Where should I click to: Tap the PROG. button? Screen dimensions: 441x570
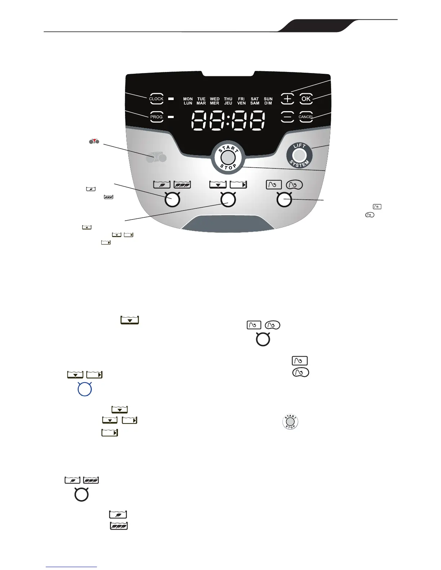tap(157, 117)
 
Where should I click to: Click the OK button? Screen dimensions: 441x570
tap(306, 99)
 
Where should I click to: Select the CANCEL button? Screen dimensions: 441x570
tap(306, 117)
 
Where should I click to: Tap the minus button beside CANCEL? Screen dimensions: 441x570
tap(287, 117)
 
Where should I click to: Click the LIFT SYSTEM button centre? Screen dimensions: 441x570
tap(299, 155)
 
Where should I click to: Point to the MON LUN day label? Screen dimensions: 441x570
tap(188, 101)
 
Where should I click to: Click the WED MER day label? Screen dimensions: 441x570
tap(215, 101)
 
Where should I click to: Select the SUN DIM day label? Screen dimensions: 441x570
tap(268, 101)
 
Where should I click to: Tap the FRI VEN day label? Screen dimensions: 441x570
tap(241, 101)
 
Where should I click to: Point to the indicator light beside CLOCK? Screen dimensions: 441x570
tap(171, 99)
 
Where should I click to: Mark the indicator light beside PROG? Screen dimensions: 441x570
tap(171, 117)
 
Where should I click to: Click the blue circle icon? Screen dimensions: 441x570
tap(85, 390)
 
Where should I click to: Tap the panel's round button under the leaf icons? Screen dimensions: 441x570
tap(172, 200)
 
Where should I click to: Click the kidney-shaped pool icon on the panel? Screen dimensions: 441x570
tap(294, 185)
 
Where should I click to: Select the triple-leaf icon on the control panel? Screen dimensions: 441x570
tap(182, 185)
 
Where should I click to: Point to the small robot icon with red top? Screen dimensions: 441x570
tap(94, 141)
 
